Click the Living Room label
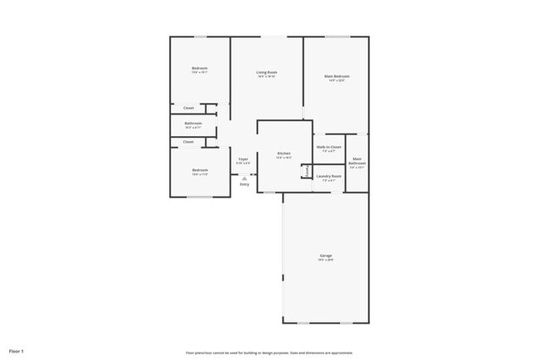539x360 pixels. [266, 72]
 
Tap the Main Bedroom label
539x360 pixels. [336, 76]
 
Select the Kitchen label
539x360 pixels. [284, 153]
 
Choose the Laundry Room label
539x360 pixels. [329, 176]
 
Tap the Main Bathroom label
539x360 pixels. [357, 161]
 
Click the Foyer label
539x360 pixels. [243, 158]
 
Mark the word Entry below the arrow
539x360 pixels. [244, 183]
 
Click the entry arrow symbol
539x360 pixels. [244, 176]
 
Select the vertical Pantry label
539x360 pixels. [306, 171]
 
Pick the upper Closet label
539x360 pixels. [188, 108]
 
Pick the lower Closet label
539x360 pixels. [188, 142]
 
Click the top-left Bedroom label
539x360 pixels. [199, 68]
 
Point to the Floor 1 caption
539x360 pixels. [16, 351]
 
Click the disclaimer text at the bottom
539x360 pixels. [269, 352]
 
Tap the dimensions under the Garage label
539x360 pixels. [326, 260]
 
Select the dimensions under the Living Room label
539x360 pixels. [266, 77]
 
